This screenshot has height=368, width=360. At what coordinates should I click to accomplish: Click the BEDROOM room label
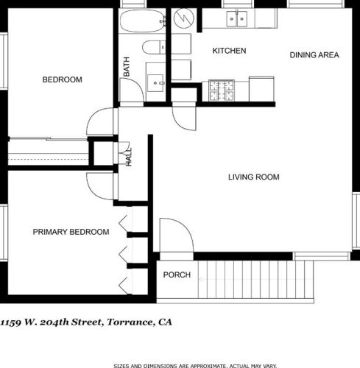coord(63,79)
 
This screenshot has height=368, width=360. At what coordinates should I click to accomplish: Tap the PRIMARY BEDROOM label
coord(71,232)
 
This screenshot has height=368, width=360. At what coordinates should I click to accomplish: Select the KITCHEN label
coord(229,51)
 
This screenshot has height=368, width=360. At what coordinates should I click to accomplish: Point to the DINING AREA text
coord(314,55)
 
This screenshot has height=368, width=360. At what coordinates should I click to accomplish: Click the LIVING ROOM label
coord(254,177)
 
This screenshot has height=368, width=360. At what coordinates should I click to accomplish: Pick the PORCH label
coord(177,275)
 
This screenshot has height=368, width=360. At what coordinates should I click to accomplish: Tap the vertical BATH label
coord(127,66)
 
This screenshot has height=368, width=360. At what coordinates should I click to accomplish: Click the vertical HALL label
coord(129,157)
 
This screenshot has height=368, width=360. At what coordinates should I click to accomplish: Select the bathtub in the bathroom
coord(142,21)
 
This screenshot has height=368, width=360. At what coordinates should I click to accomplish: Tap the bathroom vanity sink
coord(155,83)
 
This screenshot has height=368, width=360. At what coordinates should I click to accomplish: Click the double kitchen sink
coord(236,19)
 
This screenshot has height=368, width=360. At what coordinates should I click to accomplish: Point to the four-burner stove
coord(222,91)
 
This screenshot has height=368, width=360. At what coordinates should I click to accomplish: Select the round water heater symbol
coord(184,18)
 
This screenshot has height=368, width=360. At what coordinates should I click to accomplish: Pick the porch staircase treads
coord(255,279)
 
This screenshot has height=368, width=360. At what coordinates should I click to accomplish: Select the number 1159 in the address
coord(10,322)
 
